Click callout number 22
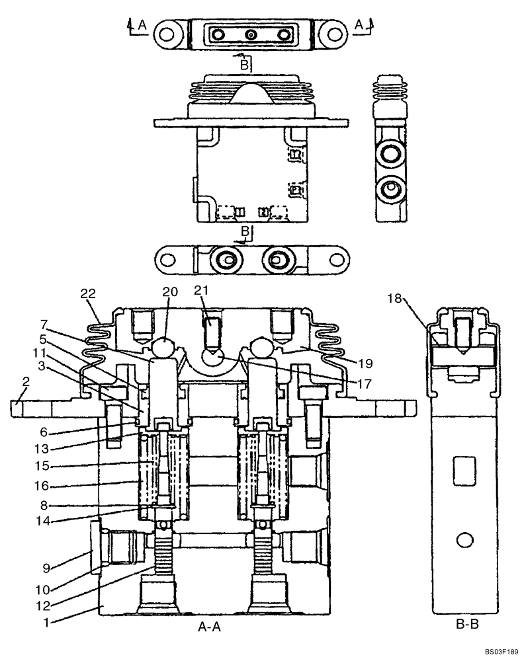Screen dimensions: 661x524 tap(88, 293)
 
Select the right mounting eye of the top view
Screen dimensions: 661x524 tap(335, 32)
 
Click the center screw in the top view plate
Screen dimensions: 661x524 tap(250, 34)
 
